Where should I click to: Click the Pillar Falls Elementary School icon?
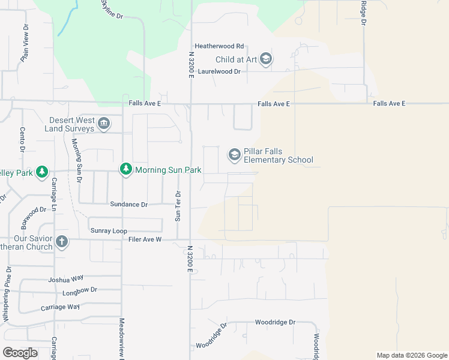[x=234, y=155]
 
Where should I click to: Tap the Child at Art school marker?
[x=267, y=59]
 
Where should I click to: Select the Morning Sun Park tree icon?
[x=125, y=170]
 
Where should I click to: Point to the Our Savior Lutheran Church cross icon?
[x=61, y=242]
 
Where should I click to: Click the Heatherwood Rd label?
[x=219, y=46]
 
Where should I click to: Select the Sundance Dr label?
[x=128, y=204]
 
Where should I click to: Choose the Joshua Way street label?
[x=65, y=279]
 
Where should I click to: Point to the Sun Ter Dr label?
[x=178, y=206]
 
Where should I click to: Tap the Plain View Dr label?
[x=25, y=44]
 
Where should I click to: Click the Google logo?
[x=20, y=353]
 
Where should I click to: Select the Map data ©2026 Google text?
[x=411, y=355]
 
